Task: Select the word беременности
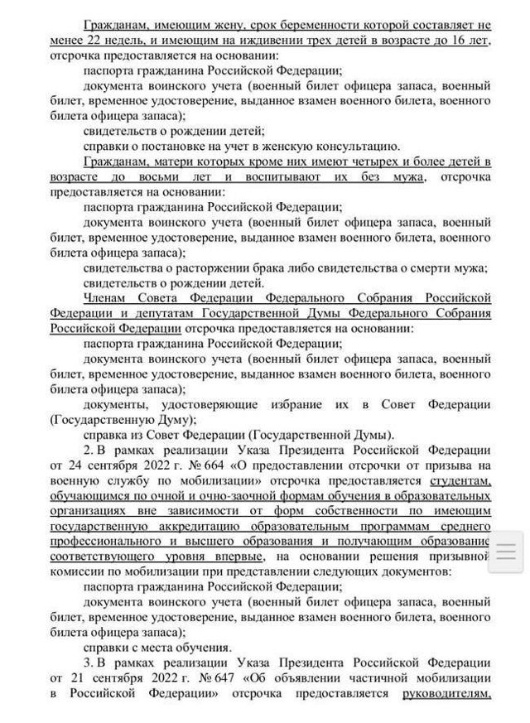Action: click(301, 25)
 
